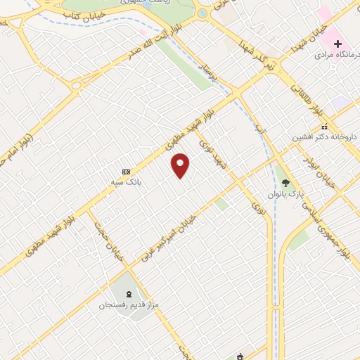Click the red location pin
click(181, 165)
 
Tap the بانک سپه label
click(129, 181)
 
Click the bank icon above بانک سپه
click(127, 171)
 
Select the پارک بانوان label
click(285, 193)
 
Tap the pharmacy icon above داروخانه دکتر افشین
click(324, 127)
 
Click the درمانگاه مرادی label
click(333, 54)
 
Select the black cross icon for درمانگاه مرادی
click(338, 44)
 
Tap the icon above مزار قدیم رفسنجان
click(129, 294)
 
